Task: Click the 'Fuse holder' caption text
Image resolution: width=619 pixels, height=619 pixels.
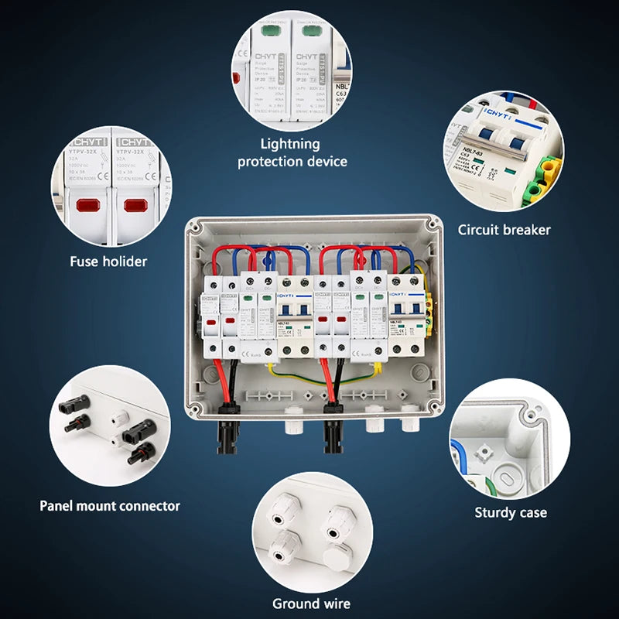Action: tap(108, 262)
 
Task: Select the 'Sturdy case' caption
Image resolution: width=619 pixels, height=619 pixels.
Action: tap(510, 512)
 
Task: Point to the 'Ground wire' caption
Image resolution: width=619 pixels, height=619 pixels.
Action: tap(311, 604)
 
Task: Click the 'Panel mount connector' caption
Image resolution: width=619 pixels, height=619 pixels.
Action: tap(110, 506)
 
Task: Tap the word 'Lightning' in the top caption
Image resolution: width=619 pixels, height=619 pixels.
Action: tap(290, 143)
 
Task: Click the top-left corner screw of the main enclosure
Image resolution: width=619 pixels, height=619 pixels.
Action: tap(193, 227)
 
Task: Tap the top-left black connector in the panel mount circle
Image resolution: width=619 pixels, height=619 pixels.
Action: tap(74, 403)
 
